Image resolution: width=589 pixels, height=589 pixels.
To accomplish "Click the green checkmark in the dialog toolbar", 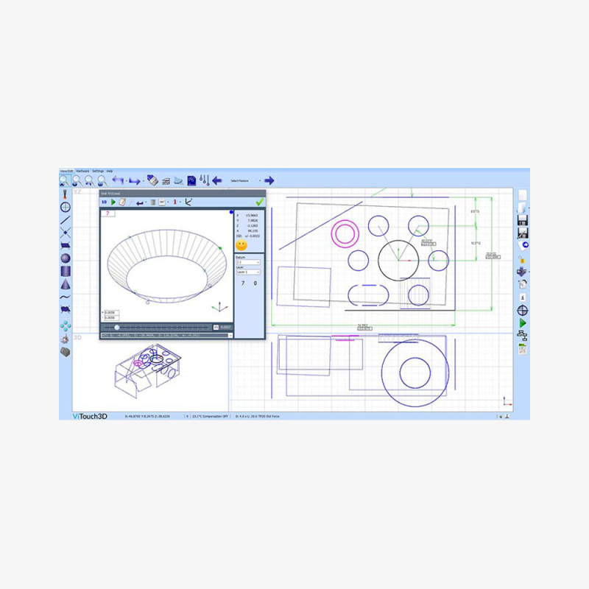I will tap(259, 202).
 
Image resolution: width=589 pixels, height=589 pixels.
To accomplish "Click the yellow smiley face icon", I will tap(241, 245).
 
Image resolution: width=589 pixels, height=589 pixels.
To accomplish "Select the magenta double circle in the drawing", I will tap(344, 233).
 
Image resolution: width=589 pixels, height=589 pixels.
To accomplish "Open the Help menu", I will tap(110, 171).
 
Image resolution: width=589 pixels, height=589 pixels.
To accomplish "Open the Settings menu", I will tap(98, 171).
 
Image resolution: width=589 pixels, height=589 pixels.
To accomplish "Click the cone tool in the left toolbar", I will tap(66, 284).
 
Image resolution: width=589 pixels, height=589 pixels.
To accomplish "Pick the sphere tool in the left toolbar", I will tap(66, 258).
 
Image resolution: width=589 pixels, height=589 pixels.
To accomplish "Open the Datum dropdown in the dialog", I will tap(248, 261).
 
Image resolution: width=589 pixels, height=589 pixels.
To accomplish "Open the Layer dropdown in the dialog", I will tap(248, 272).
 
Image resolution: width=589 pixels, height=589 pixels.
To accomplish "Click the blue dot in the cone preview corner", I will tap(231, 213).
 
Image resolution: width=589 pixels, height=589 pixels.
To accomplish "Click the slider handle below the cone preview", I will tap(117, 327).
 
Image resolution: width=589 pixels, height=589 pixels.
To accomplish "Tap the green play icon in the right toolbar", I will tap(523, 322).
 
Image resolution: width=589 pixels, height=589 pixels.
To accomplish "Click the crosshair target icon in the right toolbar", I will tap(523, 310).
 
